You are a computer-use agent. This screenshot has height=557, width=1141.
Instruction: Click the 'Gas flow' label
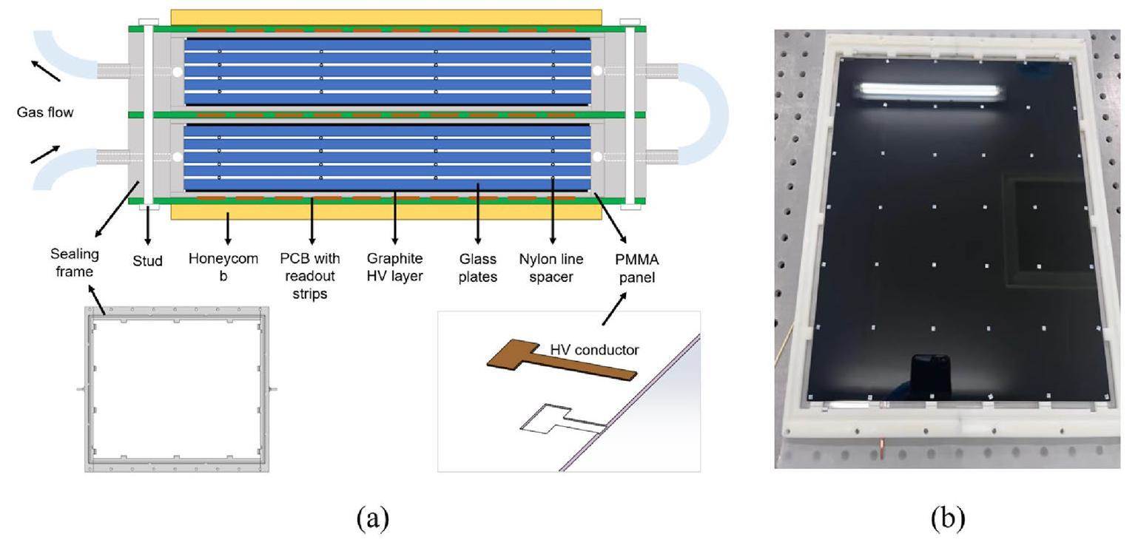45,112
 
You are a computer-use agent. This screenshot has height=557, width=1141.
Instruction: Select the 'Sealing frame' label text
75,263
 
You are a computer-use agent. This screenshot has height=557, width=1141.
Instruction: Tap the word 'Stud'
147,260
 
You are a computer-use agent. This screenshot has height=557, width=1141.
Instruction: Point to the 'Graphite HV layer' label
394,267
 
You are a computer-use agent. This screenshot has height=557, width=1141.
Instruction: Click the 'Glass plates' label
478,267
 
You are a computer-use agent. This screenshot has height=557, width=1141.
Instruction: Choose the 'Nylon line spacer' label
551,267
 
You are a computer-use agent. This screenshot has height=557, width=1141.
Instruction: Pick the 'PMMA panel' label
636,267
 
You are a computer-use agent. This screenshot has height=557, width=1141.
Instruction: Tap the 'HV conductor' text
594,350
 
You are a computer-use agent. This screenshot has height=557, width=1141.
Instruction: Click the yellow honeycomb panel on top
386,17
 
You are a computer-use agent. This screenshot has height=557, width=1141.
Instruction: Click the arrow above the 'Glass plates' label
478,215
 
